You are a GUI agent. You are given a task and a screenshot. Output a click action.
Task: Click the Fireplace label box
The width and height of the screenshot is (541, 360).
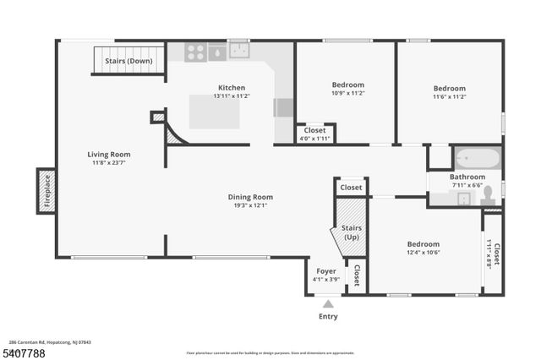click(x=47, y=190)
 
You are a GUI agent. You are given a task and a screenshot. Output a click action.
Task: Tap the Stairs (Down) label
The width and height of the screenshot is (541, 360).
click(x=128, y=61)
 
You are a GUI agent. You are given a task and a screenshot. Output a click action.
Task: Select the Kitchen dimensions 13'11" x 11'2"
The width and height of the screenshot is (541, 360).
click(x=232, y=97)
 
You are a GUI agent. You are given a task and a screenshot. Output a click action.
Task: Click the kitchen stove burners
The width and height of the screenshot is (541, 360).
click(x=194, y=52)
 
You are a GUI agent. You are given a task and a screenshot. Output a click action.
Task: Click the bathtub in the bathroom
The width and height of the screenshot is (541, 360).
click(x=477, y=158)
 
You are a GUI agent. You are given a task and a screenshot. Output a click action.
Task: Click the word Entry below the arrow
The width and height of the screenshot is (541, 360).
click(x=328, y=317)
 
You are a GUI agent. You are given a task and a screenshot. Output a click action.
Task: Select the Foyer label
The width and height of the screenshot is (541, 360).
click(x=325, y=270)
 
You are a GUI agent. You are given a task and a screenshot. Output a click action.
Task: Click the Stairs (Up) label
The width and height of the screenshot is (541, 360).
click(x=350, y=232)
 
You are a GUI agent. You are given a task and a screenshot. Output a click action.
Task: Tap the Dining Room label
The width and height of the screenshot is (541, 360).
click(x=250, y=197)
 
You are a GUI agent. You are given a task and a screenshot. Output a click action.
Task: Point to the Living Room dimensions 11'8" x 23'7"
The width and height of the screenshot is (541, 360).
click(x=110, y=163)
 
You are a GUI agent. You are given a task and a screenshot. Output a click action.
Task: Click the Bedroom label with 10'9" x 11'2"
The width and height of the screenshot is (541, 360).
click(x=347, y=85)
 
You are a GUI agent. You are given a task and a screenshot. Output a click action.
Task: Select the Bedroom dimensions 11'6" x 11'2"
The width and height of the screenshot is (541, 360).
click(x=449, y=97)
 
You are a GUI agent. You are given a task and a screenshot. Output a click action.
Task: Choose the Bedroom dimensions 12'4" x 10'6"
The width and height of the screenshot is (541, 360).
click(x=424, y=252)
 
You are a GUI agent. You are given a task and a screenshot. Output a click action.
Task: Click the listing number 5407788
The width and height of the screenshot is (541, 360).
click(x=24, y=351)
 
